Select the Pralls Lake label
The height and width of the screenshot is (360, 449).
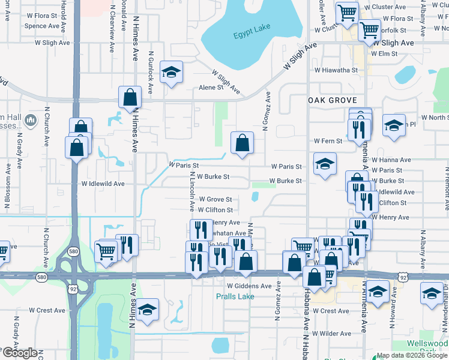tap(235, 296)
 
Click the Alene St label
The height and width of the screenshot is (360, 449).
tap(211, 88)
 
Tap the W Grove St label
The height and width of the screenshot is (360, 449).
tap(215, 199)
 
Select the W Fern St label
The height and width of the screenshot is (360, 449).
tap(328, 141)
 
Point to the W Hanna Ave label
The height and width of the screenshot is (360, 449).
tap(391, 160)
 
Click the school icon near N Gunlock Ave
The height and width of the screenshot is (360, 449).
tap(172, 73)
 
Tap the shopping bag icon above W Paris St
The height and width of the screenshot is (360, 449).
tap(242, 143)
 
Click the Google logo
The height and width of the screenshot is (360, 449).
tap(20, 353)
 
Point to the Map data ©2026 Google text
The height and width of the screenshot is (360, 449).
tap(412, 355)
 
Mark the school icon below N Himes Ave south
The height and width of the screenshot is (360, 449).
tap(147, 310)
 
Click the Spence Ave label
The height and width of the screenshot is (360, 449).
tap(42, 26)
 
